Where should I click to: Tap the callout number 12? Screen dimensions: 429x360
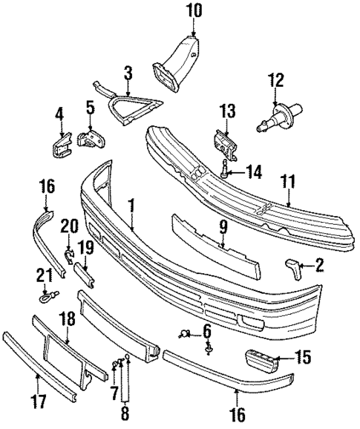click(276, 79)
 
